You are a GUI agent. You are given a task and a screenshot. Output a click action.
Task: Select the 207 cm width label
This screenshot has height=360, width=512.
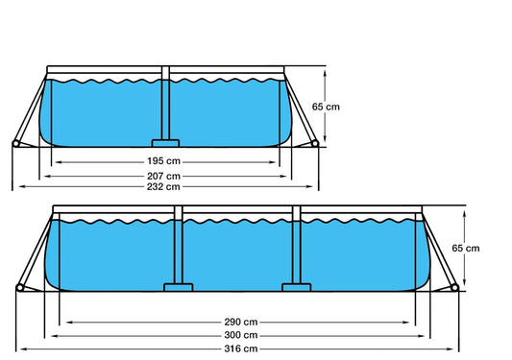pos(167,176)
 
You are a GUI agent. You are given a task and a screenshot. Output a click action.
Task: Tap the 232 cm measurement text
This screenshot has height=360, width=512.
pos(167,186)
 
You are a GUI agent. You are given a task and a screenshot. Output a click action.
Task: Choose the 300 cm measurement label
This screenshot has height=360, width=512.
pos(236,335)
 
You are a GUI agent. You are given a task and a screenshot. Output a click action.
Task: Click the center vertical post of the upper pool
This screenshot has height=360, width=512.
pos(166,107)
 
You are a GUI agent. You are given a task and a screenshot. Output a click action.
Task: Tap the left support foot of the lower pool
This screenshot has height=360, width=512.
pos(179,286)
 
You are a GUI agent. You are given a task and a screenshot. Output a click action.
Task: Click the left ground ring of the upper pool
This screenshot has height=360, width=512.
pos(15,145)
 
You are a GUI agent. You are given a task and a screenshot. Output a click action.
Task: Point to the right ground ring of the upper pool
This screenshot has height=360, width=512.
pos(317,145)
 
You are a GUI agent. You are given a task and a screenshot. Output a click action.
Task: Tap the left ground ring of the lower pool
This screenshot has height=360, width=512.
pos(20,288)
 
